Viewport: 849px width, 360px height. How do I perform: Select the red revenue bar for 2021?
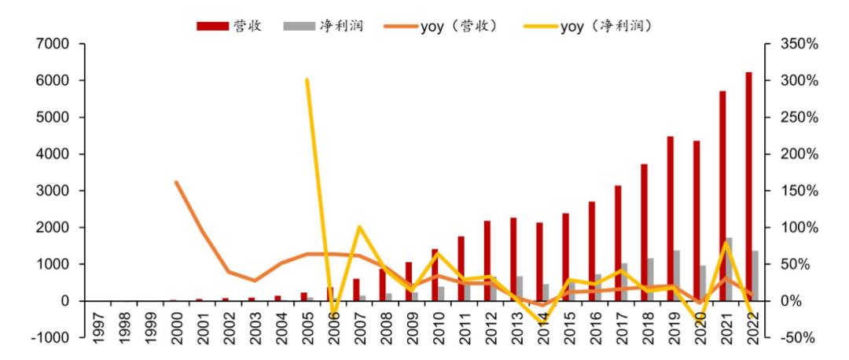click(722, 196)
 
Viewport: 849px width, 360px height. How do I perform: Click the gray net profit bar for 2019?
click(678, 275)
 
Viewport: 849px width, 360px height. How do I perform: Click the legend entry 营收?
click(229, 26)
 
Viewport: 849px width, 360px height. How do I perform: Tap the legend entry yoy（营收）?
click(441, 26)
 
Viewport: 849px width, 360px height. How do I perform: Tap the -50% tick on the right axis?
click(799, 338)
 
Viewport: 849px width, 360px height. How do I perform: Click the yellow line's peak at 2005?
click(307, 79)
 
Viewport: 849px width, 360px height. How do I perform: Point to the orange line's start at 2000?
click(175, 182)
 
